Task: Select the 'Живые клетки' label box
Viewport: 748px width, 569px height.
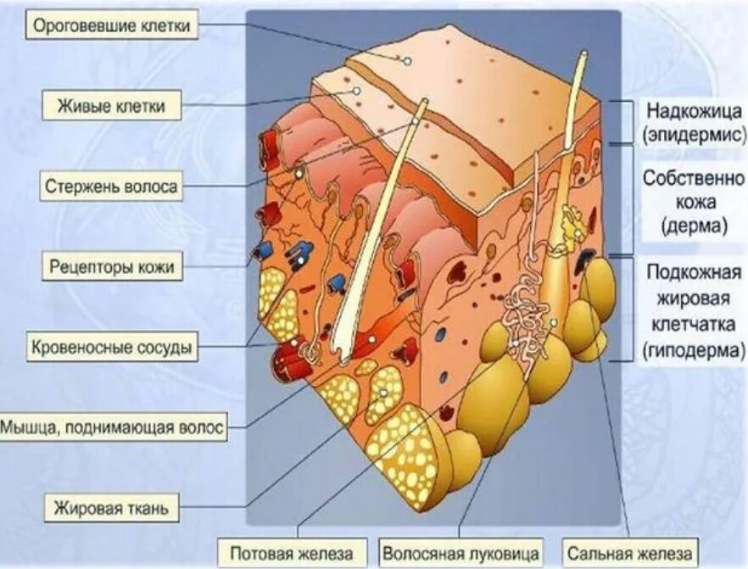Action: click(111, 107)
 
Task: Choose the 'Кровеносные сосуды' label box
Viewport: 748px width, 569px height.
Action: click(111, 347)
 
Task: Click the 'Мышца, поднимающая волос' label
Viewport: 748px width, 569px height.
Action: click(114, 427)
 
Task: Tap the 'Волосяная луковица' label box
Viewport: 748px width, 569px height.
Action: click(460, 553)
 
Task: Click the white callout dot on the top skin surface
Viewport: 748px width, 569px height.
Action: click(407, 61)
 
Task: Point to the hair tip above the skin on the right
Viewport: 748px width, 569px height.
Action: click(583, 58)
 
